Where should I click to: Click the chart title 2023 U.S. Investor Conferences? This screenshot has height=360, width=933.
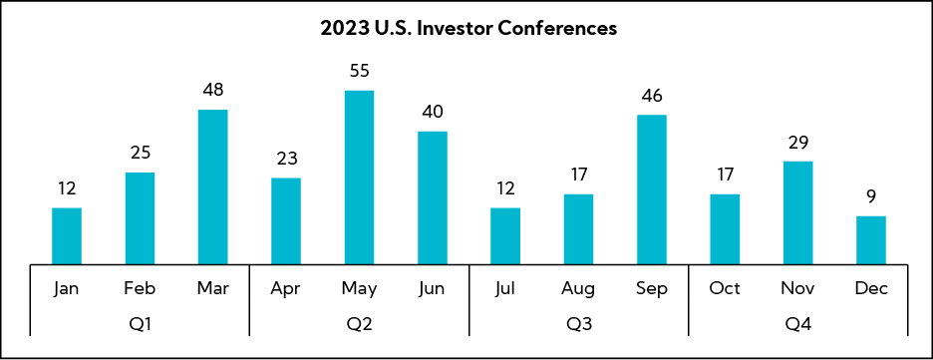coord(468,29)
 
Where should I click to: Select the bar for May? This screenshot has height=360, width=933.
coord(360,178)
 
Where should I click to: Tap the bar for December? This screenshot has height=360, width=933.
coord(871,239)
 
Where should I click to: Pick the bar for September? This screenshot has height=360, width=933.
coord(652,189)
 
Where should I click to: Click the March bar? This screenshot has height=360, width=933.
coord(213,186)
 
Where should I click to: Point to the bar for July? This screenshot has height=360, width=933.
coord(505,235)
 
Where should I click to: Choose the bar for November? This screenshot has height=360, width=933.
coord(797,212)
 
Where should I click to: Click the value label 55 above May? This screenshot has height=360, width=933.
coord(360,72)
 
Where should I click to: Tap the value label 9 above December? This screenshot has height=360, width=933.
coord(871,197)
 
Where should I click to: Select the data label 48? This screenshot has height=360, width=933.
coord(213,91)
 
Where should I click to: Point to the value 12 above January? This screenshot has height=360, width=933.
coord(67,188)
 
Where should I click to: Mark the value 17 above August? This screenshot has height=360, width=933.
coord(578,175)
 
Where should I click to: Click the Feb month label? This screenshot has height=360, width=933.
coord(140,288)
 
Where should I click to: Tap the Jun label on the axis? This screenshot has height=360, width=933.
coord(432,288)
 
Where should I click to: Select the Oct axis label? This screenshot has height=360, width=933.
coord(725,288)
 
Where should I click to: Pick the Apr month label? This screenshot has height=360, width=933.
coord(286,289)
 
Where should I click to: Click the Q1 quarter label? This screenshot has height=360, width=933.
coord(140,324)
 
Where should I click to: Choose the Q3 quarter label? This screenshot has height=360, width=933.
coord(578,324)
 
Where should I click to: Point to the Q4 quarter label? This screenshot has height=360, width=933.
coord(797,324)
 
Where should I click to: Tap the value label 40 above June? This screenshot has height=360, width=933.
coord(432,112)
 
